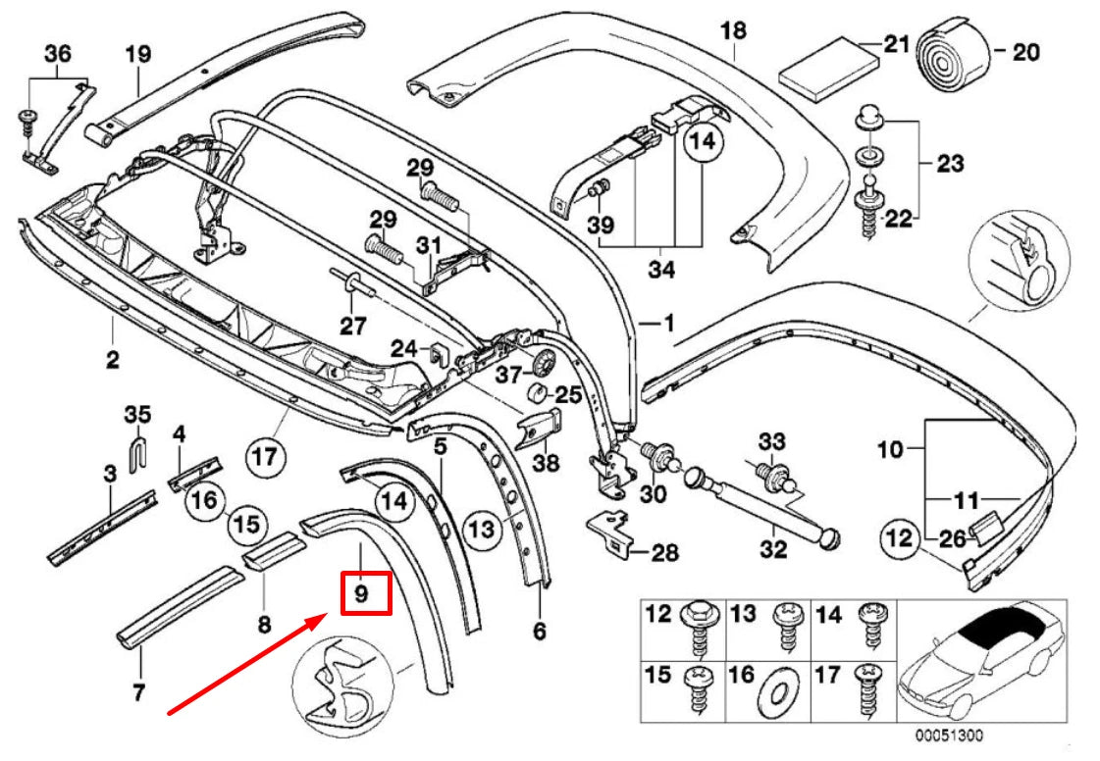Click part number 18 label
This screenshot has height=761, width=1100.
coord(733,30)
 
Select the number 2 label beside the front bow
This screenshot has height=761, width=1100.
coord(113,360)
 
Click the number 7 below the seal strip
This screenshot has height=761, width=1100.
coord(138,692)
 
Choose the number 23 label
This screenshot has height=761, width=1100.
coord(950,163)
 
